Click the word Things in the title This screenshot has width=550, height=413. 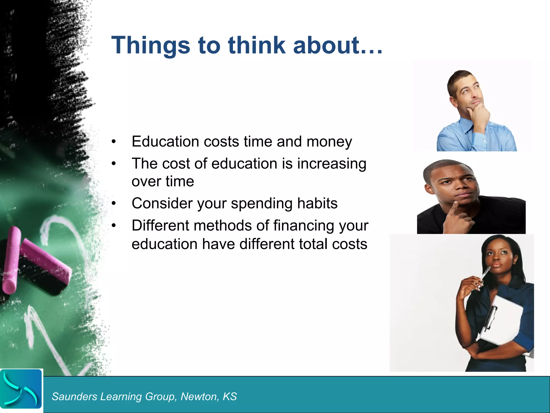151,45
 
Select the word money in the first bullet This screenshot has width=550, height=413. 329,142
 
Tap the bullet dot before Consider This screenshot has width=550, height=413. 114,204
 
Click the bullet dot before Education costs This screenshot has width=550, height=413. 114,142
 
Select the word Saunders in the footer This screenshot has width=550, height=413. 74,397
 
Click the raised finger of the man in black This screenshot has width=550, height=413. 454,207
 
